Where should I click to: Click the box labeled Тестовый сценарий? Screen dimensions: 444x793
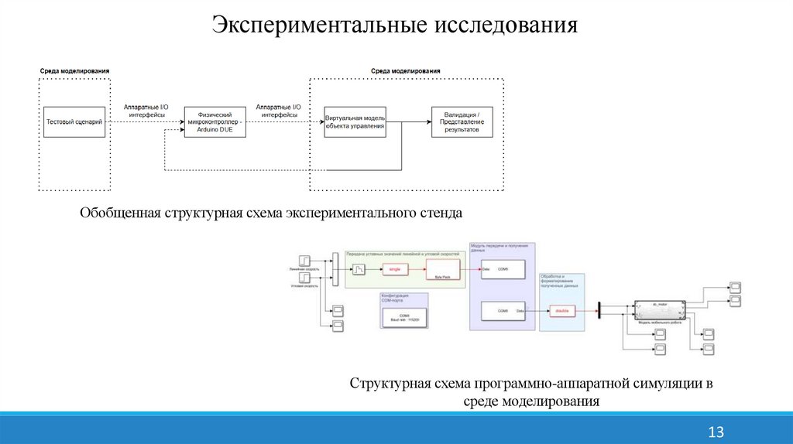click(x=75, y=121)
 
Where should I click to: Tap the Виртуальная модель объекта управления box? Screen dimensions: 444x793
click(x=355, y=121)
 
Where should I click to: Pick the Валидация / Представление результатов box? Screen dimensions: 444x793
click(x=462, y=121)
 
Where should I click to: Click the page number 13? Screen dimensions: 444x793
click(x=715, y=432)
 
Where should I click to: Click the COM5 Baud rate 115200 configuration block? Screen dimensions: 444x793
click(x=404, y=317)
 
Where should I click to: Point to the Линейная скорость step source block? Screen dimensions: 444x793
click(x=307, y=260)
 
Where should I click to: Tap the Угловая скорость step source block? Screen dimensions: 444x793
click(x=307, y=277)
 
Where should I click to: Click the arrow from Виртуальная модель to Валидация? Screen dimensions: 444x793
click(x=408, y=121)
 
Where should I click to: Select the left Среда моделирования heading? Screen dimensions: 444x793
click(x=75, y=70)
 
